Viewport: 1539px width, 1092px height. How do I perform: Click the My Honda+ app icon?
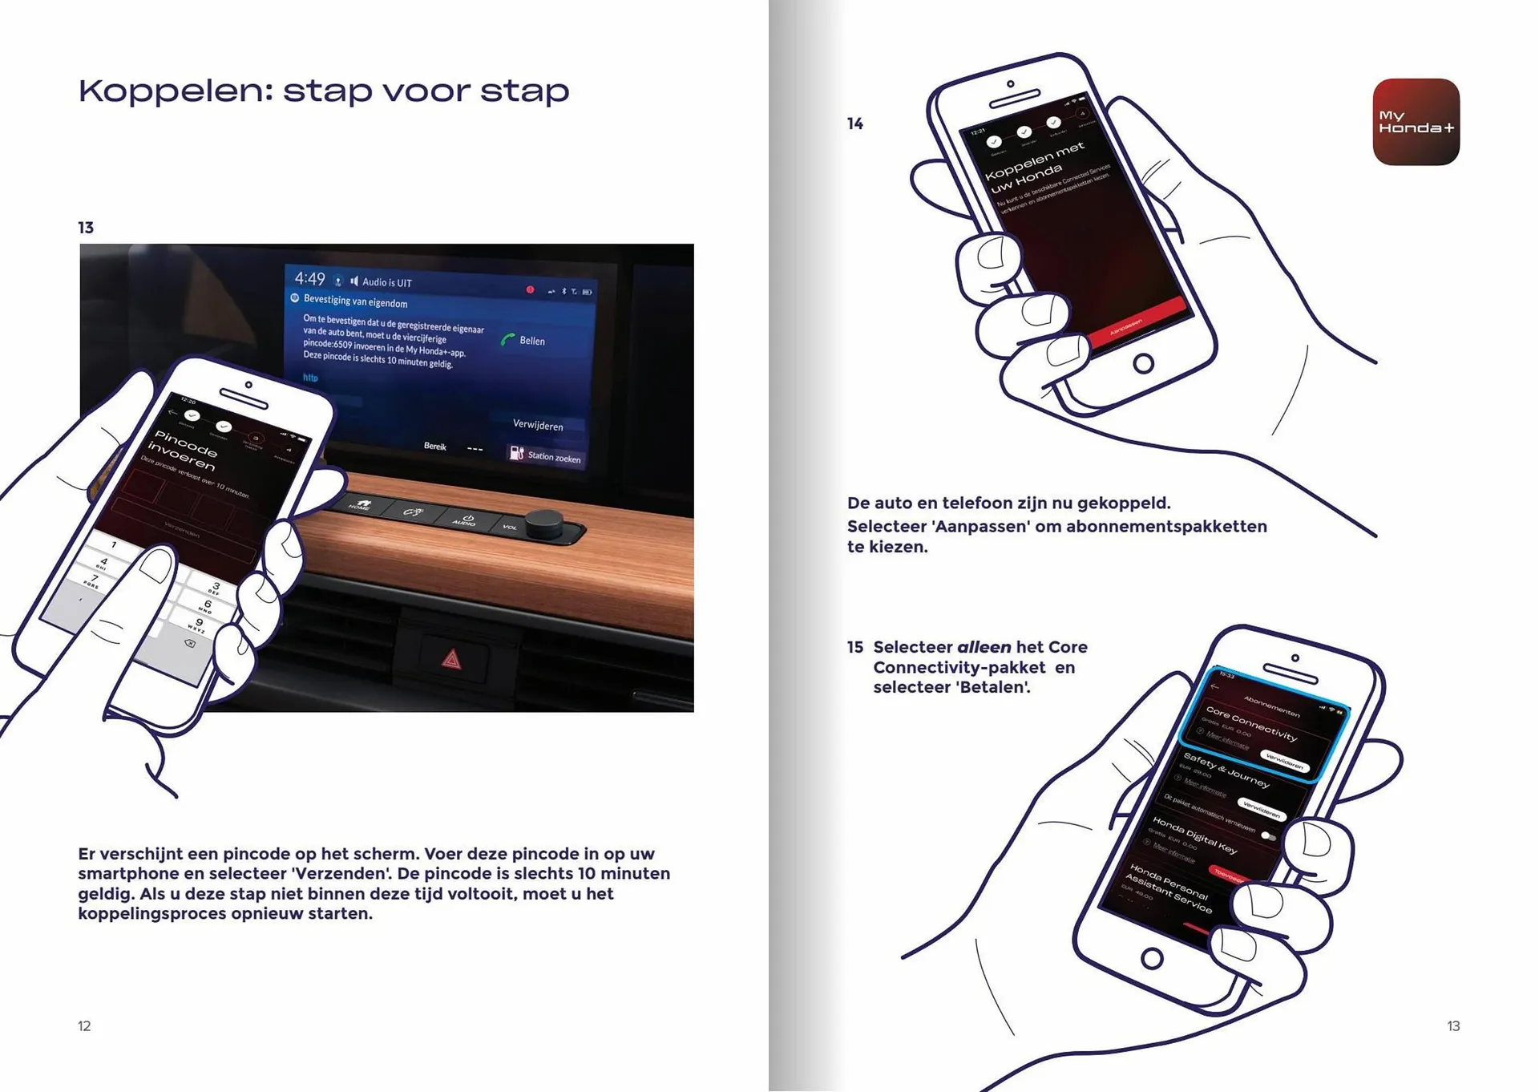[x=1416, y=122]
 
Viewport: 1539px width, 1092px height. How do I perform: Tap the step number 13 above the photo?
[x=86, y=228]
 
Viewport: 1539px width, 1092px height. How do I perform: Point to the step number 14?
[x=855, y=123]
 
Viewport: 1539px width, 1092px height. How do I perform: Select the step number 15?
[x=855, y=647]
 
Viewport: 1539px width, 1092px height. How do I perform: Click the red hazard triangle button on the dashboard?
[x=451, y=660]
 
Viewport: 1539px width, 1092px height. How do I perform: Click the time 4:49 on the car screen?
[x=309, y=279]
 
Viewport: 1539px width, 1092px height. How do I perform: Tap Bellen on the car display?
[x=531, y=341]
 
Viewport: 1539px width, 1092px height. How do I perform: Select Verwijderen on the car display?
[x=538, y=425]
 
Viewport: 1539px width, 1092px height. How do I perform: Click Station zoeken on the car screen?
[x=553, y=456]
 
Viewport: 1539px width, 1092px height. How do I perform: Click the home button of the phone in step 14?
[x=1144, y=363]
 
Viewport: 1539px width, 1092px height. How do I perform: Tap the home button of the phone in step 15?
[x=1152, y=957]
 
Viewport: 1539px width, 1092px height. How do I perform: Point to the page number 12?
[x=84, y=1026]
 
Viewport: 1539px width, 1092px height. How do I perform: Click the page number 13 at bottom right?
[x=1453, y=1026]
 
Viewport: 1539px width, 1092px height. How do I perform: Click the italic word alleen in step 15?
[x=984, y=647]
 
